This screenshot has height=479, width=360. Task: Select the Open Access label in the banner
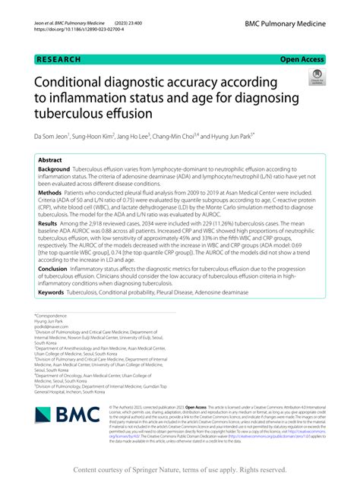coord(302,58)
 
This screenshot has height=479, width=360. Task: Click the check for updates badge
coord(315,77)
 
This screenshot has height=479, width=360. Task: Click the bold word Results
coord(48,224)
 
